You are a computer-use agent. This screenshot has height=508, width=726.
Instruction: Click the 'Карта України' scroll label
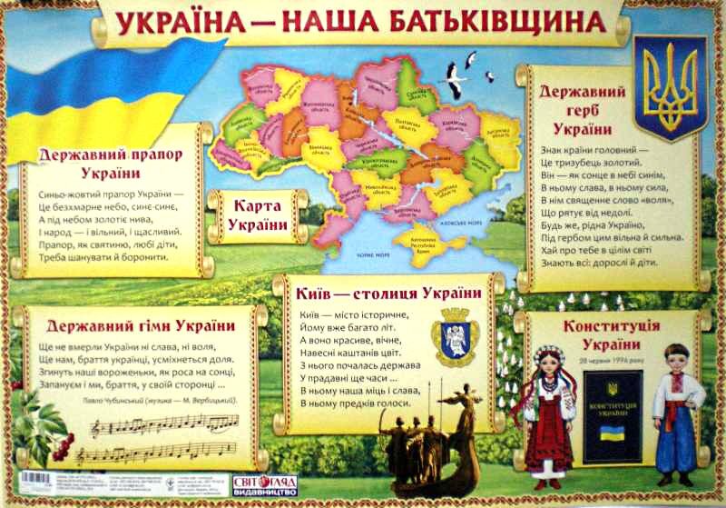(258, 214)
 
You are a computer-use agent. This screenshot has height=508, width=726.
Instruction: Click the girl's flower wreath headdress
(549, 354)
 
